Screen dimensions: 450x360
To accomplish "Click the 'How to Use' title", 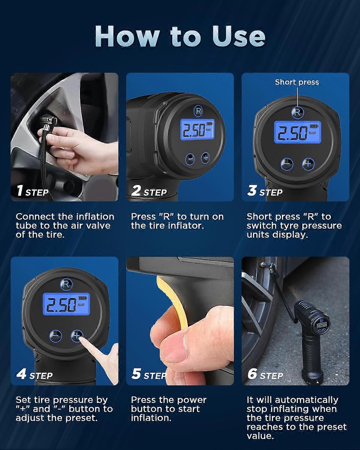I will [x=180, y=36].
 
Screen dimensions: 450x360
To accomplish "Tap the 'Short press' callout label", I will [x=297, y=82].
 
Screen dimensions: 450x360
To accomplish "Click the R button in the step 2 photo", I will [x=198, y=111].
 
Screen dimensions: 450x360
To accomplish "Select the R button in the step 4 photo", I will [x=65, y=284].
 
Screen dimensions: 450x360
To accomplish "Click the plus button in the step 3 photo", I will [x=307, y=164].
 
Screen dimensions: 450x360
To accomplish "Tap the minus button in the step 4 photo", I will [x=56, y=336].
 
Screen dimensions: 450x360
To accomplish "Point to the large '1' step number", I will [x=20, y=190].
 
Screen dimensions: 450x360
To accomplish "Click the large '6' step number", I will [x=253, y=374].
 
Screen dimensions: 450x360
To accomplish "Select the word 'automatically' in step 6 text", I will [x=306, y=400].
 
